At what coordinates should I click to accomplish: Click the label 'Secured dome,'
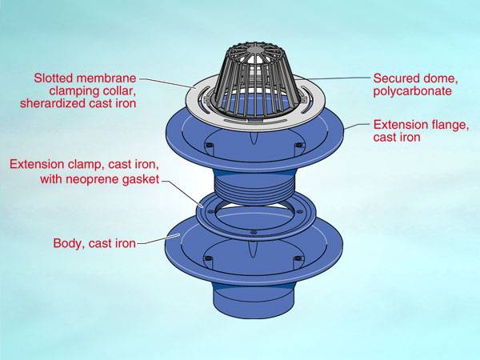413,78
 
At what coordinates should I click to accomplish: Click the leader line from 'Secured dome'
336,78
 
